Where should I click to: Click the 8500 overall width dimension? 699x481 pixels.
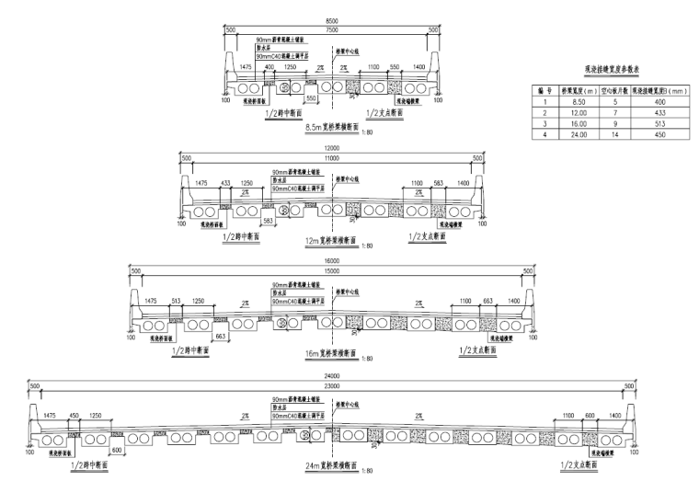(332, 20)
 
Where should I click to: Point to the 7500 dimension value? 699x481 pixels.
(332, 29)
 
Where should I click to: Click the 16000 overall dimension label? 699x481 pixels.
(332, 262)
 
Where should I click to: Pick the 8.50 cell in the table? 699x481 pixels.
(578, 103)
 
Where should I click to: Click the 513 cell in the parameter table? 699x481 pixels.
(654, 124)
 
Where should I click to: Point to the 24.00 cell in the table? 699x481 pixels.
(578, 134)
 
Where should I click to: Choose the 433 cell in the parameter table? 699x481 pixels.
(654, 113)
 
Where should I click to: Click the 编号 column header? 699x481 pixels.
(544, 92)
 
